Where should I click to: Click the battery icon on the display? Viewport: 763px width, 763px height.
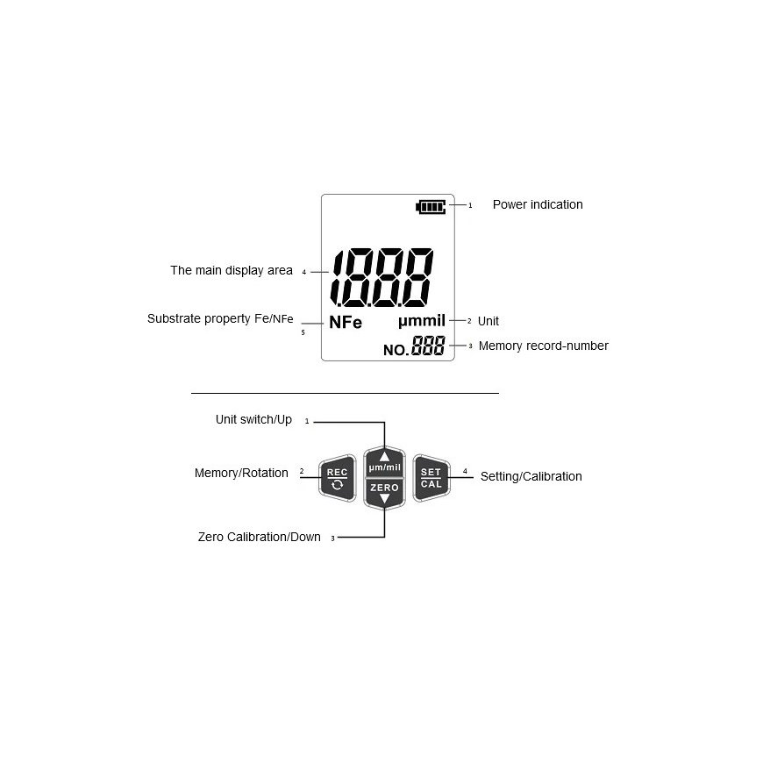click(431, 206)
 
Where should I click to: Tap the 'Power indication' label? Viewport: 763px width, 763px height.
click(537, 204)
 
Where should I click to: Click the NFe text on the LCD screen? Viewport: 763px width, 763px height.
click(346, 323)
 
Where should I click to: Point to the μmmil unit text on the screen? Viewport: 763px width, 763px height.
click(422, 321)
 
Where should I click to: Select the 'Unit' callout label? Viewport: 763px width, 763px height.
click(488, 322)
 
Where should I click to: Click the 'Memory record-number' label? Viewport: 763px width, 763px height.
click(543, 346)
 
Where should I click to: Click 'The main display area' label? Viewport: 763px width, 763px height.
click(232, 271)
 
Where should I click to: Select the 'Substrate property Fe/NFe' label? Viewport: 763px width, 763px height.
click(220, 319)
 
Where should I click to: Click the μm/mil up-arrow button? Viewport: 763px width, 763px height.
click(384, 462)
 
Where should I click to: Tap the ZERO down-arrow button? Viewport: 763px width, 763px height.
click(384, 492)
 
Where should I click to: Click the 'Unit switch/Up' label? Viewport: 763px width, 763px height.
click(253, 420)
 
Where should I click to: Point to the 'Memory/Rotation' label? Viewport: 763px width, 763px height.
click(241, 474)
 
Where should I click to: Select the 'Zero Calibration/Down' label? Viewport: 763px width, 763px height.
click(259, 537)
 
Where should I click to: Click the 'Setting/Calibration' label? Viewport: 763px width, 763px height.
click(531, 477)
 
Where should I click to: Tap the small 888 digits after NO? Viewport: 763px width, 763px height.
click(428, 346)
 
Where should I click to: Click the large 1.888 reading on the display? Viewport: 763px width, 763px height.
click(382, 275)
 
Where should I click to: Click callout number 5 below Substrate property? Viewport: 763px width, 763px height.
click(303, 333)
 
